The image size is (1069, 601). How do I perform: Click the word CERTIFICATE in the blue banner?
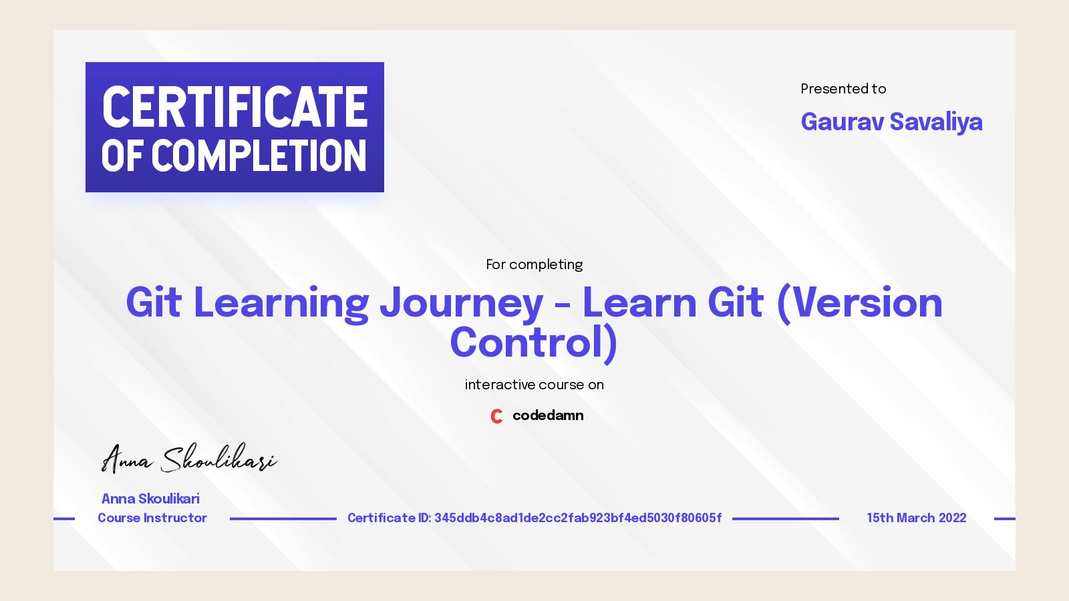(235, 107)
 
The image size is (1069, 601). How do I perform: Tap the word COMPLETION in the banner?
(259, 156)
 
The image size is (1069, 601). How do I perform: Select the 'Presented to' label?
(843, 89)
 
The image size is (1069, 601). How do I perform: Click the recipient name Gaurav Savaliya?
(891, 122)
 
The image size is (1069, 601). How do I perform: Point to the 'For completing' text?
(534, 264)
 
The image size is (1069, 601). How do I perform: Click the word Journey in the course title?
(461, 303)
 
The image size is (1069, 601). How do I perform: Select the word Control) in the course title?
(533, 343)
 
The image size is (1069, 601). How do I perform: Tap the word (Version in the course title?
(859, 303)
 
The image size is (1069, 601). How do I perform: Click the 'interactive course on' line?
(534, 385)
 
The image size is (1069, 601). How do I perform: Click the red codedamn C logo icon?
(496, 416)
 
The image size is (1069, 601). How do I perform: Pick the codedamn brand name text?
(548, 415)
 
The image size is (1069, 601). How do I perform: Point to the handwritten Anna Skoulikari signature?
(188, 459)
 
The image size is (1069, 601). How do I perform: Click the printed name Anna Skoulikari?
(150, 499)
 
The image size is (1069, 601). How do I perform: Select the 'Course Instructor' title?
(152, 518)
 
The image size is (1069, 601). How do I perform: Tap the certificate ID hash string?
(578, 518)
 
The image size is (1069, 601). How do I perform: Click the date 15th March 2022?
(916, 518)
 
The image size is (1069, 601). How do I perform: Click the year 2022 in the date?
(952, 518)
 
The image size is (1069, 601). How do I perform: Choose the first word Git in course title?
(153, 303)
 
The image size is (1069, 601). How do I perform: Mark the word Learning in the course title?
(281, 303)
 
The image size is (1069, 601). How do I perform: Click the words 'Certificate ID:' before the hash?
(389, 518)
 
